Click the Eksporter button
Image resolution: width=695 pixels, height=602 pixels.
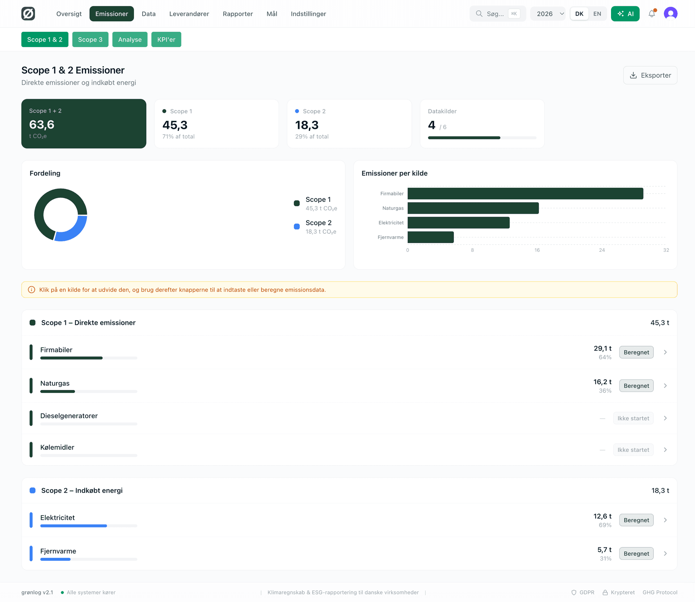pyautogui.click(x=650, y=75)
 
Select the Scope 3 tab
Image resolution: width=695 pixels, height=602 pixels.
pyautogui.click(x=90, y=39)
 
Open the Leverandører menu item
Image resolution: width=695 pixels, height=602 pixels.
pyautogui.click(x=189, y=14)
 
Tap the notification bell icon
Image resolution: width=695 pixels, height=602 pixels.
pyautogui.click(x=652, y=14)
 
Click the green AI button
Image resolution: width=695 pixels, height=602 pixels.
pyautogui.click(x=625, y=14)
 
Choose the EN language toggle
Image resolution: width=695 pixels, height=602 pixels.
pyautogui.click(x=597, y=14)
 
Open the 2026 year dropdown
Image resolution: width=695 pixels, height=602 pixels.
pyautogui.click(x=548, y=14)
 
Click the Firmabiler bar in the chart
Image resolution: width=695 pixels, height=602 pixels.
pyautogui.click(x=525, y=194)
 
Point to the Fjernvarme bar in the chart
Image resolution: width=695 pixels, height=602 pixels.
pyautogui.click(x=430, y=237)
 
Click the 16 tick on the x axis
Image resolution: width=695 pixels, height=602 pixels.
pyautogui.click(x=537, y=250)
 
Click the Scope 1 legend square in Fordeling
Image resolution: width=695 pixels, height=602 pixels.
pyautogui.click(x=297, y=203)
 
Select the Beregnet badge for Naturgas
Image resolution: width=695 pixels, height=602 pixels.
pyautogui.click(x=636, y=386)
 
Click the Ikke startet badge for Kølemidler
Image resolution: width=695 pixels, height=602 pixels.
pyautogui.click(x=633, y=450)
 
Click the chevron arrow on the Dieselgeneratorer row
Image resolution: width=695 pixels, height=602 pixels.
pyautogui.click(x=665, y=418)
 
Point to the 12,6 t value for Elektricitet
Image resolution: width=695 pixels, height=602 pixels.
pyautogui.click(x=602, y=516)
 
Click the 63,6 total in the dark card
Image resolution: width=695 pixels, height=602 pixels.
pyautogui.click(x=42, y=124)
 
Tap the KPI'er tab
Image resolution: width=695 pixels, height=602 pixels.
pyautogui.click(x=166, y=39)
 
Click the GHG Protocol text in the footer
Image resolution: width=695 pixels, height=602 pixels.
pyautogui.click(x=660, y=592)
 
